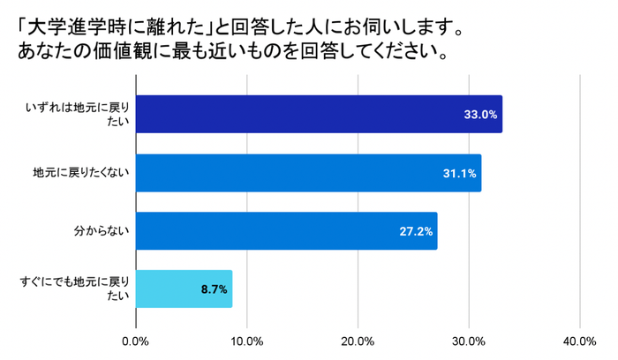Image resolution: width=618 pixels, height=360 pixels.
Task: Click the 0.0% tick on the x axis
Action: pos(136,341)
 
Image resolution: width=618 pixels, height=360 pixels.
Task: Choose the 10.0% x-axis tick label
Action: pos(247,341)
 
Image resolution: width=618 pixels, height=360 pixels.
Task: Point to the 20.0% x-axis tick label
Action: pos(358,341)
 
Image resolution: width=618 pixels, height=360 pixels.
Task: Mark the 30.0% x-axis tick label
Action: pos(468,341)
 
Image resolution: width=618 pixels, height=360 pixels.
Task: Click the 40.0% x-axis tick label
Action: pos(579,341)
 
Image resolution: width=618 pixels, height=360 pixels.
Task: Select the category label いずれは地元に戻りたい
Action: pos(79,114)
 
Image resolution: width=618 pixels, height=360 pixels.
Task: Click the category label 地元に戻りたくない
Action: pos(81,172)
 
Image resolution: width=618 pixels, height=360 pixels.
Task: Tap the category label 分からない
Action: pos(102,230)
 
